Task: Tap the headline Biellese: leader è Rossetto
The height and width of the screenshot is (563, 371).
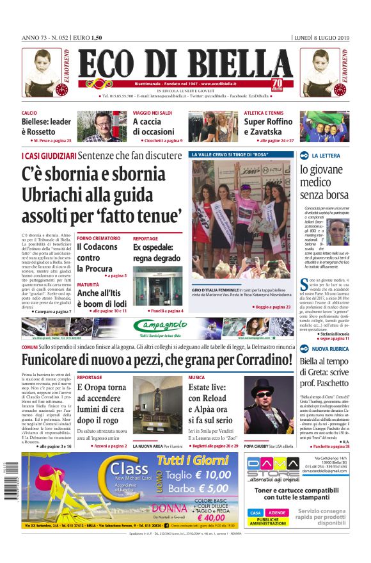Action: pyautogui.click(x=46, y=127)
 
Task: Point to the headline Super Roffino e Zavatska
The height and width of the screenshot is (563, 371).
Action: pyautogui.click(x=268, y=127)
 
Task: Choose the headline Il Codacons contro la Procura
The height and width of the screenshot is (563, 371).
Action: pyautogui.click(x=97, y=257)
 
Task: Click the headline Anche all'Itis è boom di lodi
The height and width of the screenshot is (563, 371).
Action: pyautogui.click(x=102, y=298)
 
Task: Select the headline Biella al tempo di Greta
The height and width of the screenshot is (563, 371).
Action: pyautogui.click(x=324, y=371)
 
